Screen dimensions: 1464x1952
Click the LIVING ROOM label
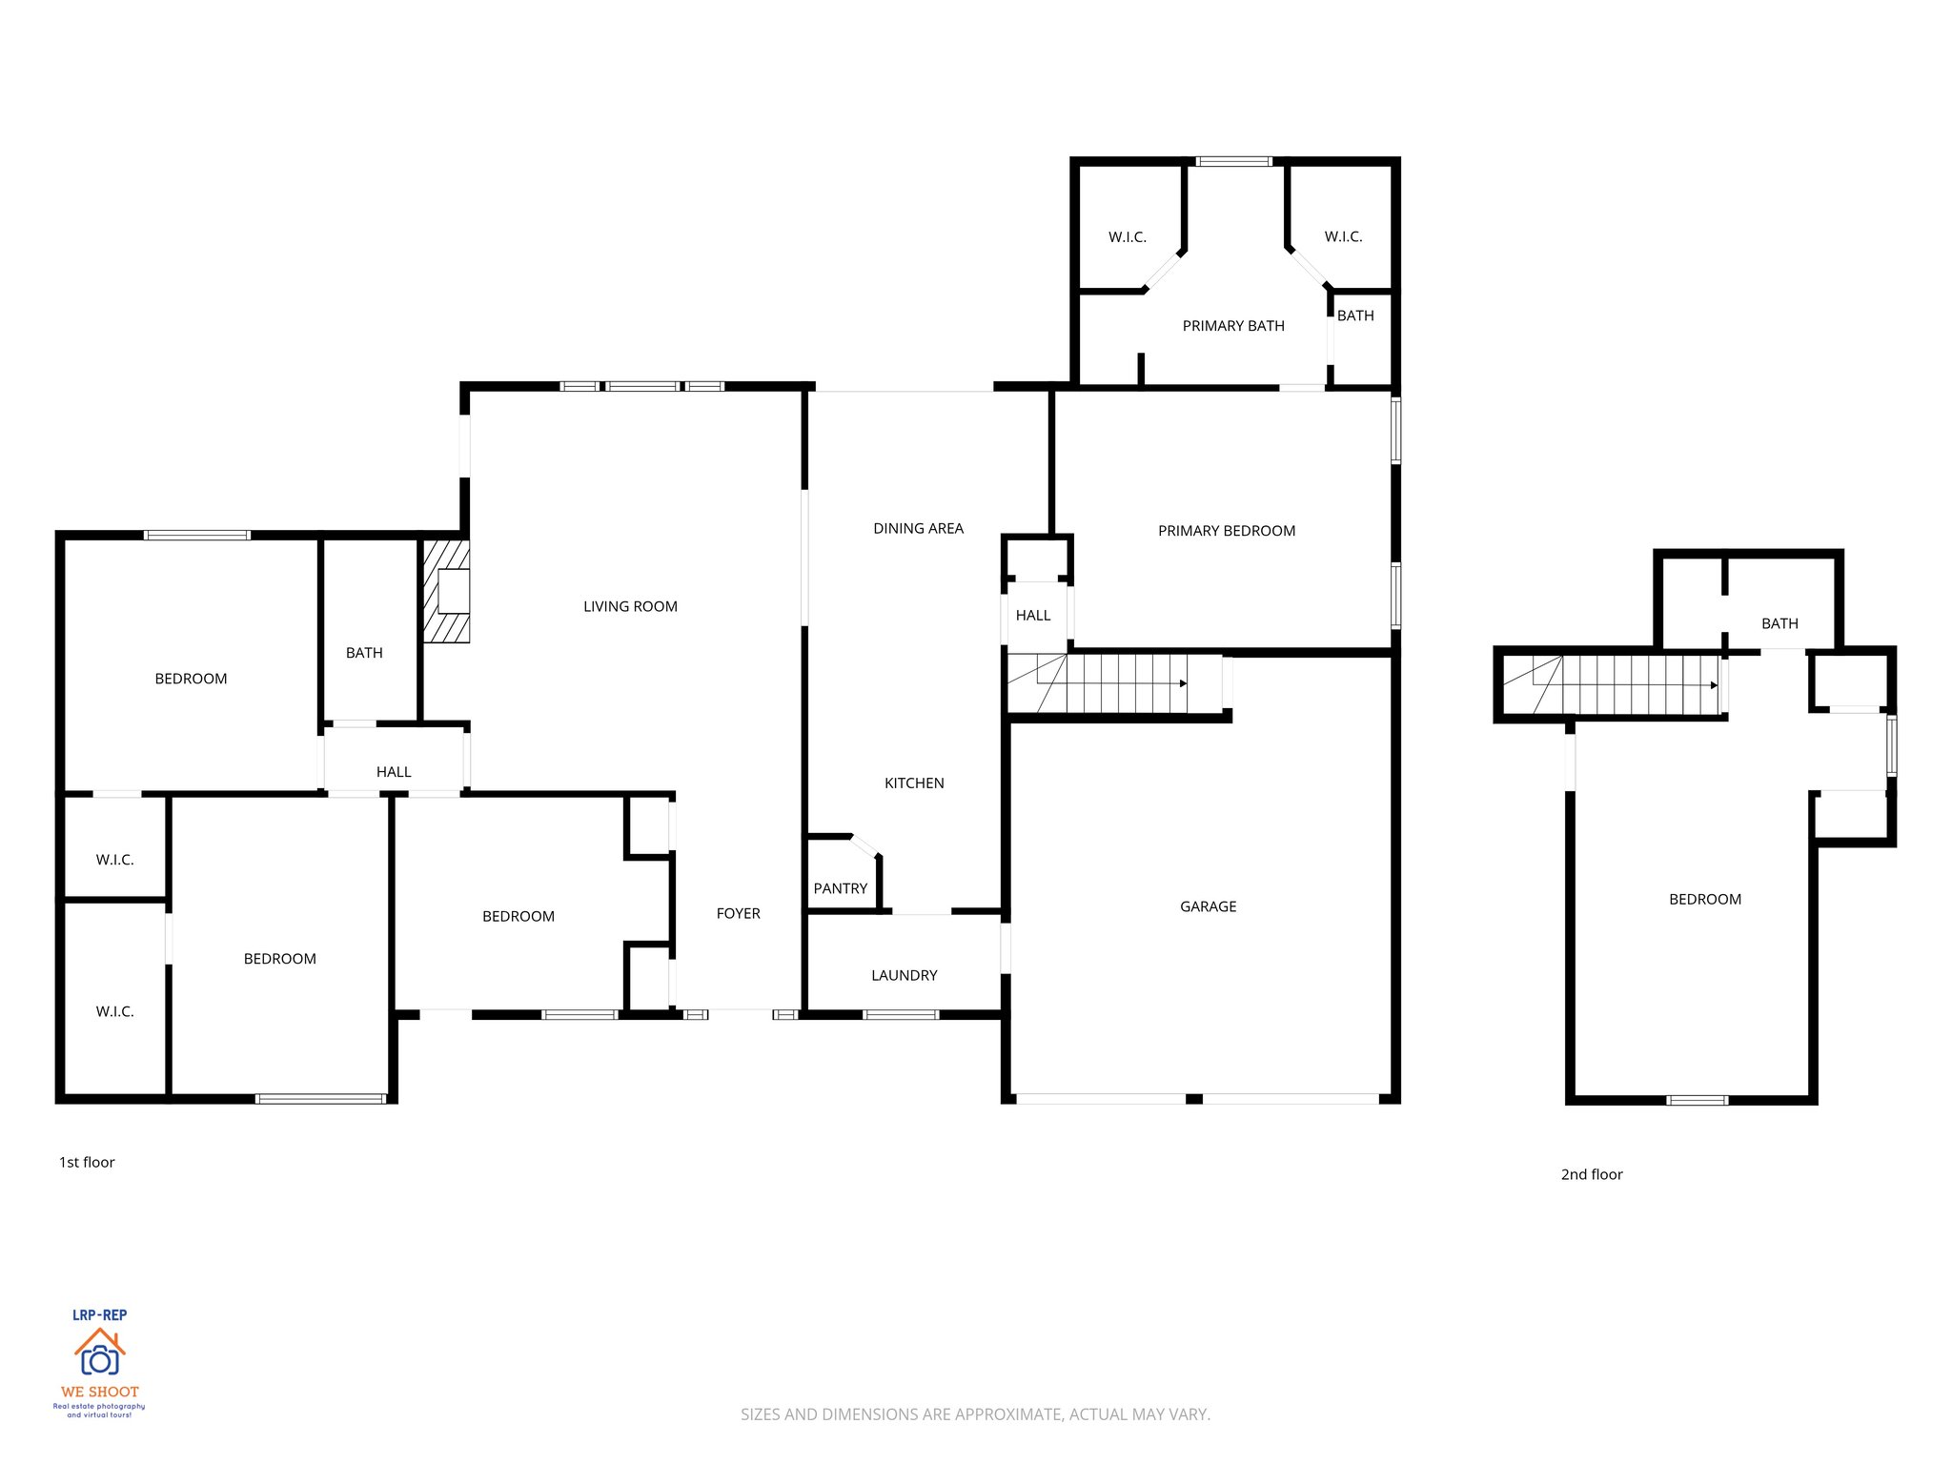[x=630, y=606]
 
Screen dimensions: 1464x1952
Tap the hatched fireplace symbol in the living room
[x=447, y=591]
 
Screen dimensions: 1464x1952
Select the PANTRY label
[x=840, y=888]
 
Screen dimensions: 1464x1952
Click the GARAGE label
[x=1208, y=906]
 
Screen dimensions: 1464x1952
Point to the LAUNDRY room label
[x=904, y=975]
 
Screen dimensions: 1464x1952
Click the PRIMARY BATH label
[x=1232, y=326]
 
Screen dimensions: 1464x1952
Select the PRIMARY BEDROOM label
[x=1226, y=531]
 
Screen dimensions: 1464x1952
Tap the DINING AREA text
[x=918, y=528]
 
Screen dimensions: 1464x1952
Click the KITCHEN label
[x=913, y=783]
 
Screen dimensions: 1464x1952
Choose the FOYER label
[x=738, y=913]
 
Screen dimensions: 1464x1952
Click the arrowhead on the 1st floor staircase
[x=1184, y=683]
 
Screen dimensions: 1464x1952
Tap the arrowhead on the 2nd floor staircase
[x=1714, y=685]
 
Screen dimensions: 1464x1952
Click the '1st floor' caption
[x=87, y=1162]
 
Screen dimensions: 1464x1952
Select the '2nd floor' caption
[x=1591, y=1174]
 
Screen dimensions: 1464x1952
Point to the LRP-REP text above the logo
[x=99, y=1314]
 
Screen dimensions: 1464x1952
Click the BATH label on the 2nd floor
[x=1779, y=623]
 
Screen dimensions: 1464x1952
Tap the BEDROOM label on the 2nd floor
[x=1704, y=899]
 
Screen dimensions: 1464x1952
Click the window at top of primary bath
[x=1233, y=161]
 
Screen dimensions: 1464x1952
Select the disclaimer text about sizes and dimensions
[x=975, y=1414]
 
